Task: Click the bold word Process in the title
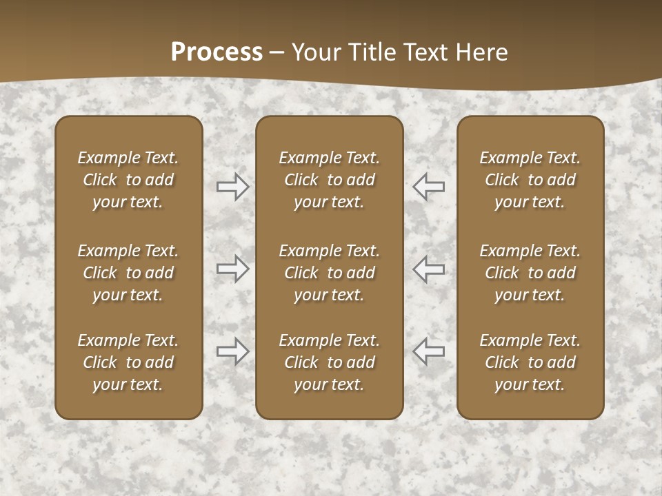click(217, 52)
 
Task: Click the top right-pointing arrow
click(232, 186)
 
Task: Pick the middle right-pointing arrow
click(232, 269)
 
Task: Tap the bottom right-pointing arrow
click(232, 351)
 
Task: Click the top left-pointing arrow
click(429, 186)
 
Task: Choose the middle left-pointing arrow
click(429, 269)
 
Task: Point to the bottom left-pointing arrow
click(429, 351)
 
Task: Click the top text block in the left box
click(128, 180)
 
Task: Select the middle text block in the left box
click(128, 273)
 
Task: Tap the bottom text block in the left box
click(128, 362)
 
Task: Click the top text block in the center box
click(329, 180)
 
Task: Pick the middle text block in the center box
click(329, 273)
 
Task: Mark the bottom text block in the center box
click(329, 362)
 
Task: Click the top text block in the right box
click(530, 180)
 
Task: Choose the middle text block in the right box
click(530, 273)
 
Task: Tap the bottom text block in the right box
click(530, 362)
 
